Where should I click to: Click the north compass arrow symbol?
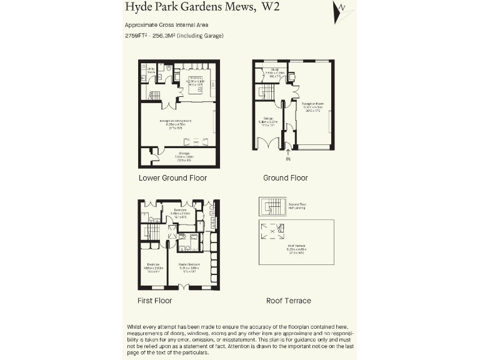click(x=341, y=11)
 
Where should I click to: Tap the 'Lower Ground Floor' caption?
click(x=172, y=178)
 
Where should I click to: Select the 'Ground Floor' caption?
click(x=285, y=178)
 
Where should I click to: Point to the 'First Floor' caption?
click(x=154, y=301)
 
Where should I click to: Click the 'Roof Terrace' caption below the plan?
click(x=288, y=301)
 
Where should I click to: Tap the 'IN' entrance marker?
click(x=287, y=159)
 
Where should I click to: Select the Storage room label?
click(x=185, y=155)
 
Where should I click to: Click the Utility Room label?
click(x=151, y=70)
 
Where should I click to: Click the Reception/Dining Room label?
click(x=175, y=121)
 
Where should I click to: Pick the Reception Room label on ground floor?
click(x=312, y=104)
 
